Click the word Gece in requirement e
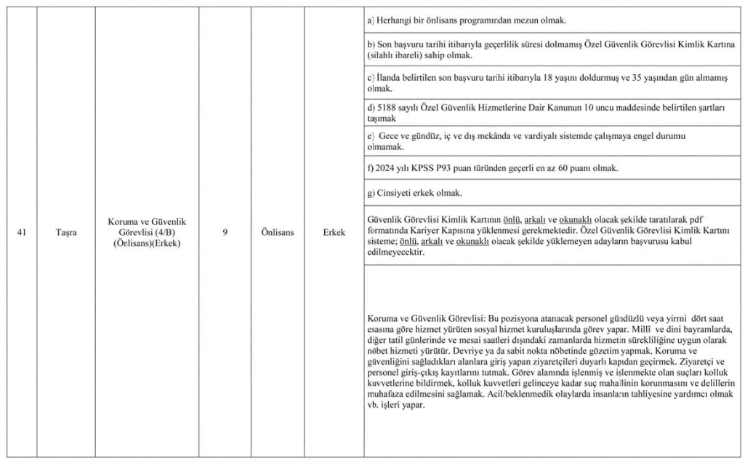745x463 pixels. click(390, 136)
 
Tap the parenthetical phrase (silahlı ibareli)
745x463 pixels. click(395, 55)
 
